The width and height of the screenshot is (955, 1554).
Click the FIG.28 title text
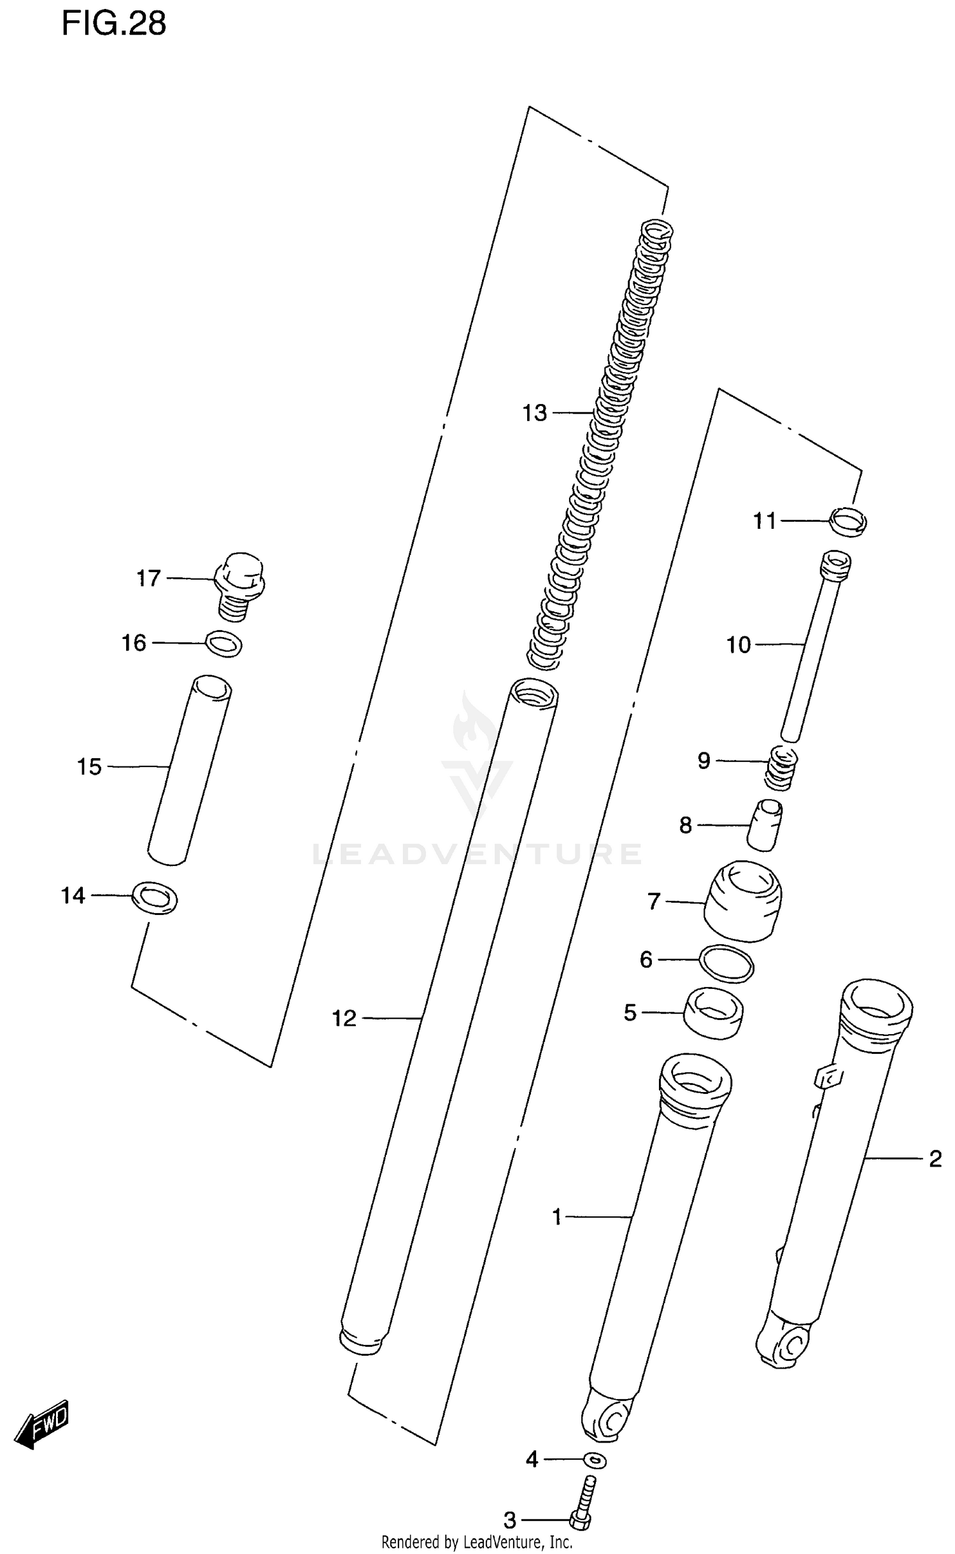[113, 24]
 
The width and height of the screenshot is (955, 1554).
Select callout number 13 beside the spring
[534, 414]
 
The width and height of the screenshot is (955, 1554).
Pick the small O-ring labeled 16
[224, 644]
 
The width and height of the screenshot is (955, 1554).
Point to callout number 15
[89, 766]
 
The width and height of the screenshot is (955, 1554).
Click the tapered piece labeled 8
[764, 825]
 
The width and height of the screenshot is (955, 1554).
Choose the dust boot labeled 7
[742, 902]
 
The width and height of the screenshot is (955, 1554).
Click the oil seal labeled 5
[713, 1012]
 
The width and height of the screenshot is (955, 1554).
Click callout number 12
[344, 1019]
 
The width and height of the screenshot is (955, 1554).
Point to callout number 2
[935, 1159]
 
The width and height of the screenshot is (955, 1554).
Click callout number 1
[557, 1218]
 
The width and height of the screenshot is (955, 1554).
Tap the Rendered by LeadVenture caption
[477, 1541]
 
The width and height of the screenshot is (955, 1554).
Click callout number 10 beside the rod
[739, 645]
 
